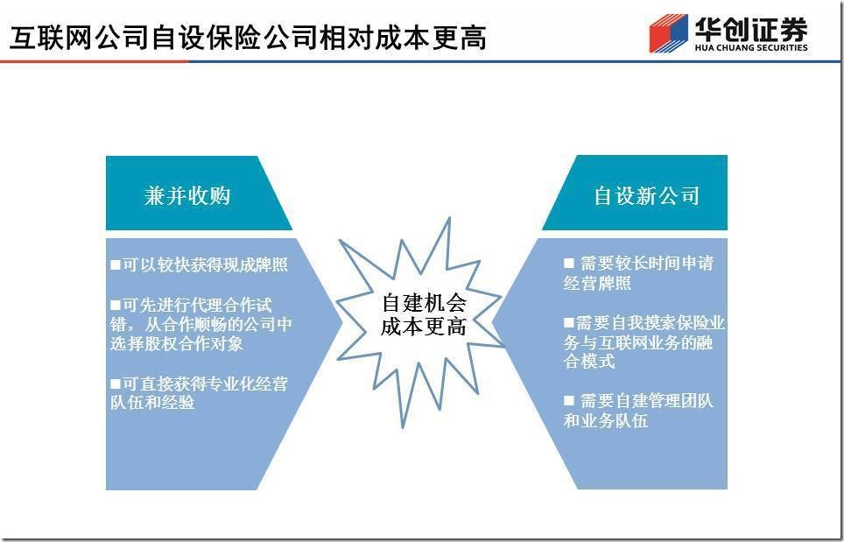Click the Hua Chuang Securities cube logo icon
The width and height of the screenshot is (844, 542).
tap(669, 33)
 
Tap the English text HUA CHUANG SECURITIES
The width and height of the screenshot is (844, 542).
tap(751, 47)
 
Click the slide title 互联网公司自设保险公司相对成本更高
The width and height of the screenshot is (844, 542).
tap(248, 38)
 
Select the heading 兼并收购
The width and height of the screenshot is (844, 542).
tap(187, 195)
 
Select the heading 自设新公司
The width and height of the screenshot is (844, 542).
tap(646, 195)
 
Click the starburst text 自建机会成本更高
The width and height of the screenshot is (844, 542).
tap(424, 315)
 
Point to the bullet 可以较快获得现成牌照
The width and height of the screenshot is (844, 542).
tap(199, 264)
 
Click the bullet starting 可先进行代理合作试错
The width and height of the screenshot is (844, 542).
tap(201, 325)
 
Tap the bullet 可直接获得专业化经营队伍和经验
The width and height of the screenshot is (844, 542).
tap(199, 393)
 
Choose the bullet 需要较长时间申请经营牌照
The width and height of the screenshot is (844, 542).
tap(638, 273)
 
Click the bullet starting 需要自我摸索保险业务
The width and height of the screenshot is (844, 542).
tap(644, 342)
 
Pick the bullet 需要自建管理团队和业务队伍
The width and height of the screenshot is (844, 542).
tap(638, 410)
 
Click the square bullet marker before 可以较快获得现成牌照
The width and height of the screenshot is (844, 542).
tap(116, 264)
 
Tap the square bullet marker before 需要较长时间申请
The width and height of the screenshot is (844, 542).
tap(568, 264)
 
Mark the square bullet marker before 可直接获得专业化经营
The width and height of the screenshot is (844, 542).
tap(116, 384)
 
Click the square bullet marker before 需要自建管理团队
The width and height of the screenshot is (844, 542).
tap(568, 400)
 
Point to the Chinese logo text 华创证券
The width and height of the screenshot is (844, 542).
tap(751, 29)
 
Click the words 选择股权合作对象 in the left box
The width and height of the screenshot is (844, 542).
tap(177, 343)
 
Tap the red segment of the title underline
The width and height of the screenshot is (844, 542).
tap(95, 61)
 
